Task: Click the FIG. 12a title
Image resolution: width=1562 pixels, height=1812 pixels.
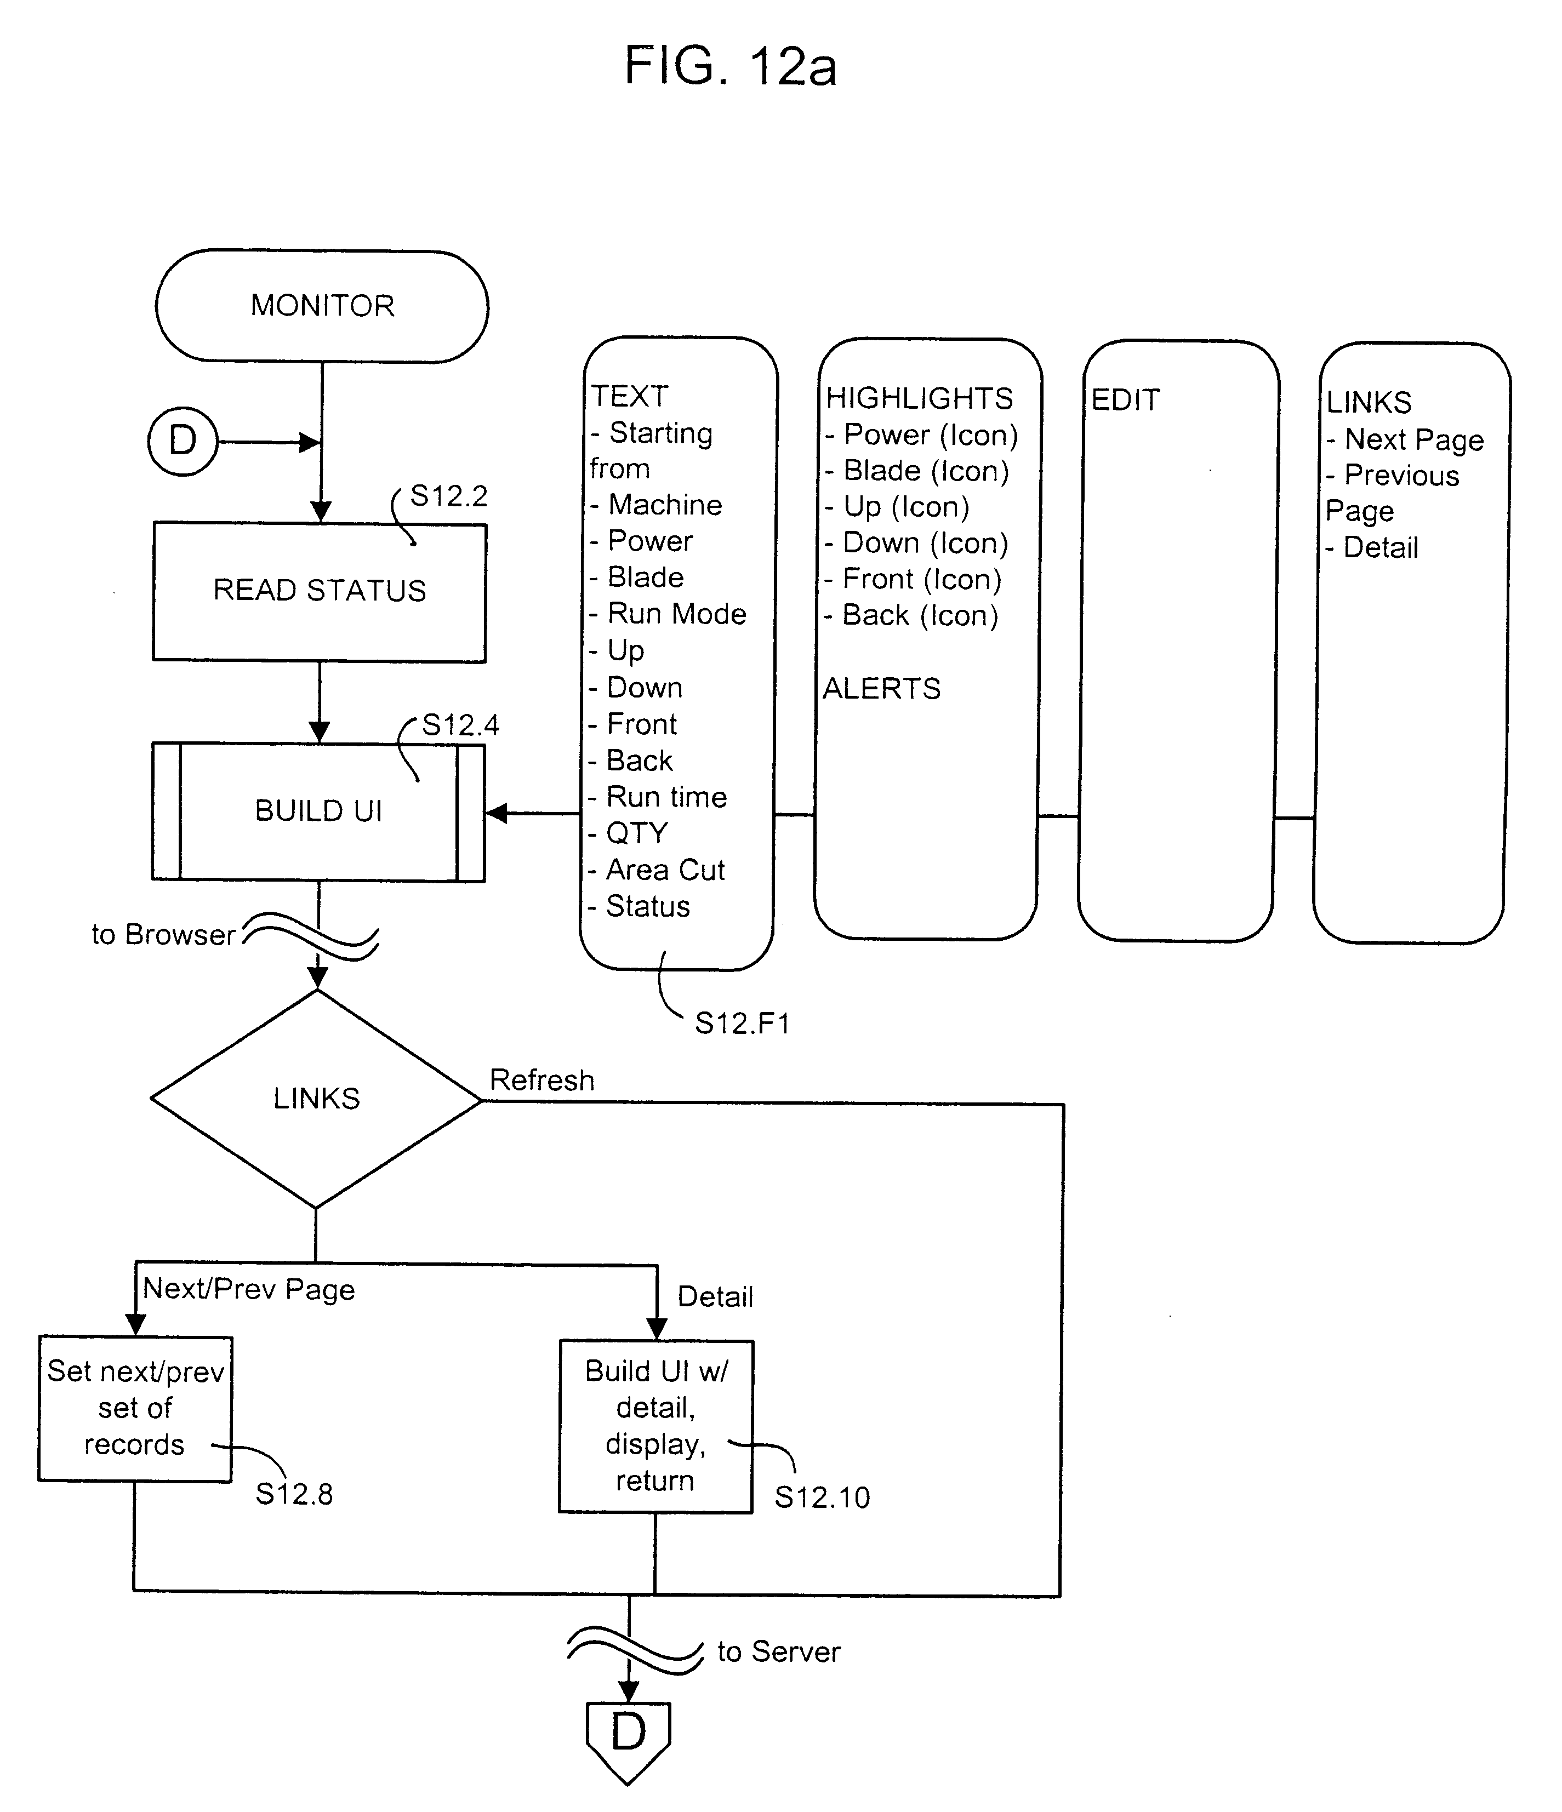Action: [730, 66]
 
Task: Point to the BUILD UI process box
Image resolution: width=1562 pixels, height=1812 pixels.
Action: [318, 811]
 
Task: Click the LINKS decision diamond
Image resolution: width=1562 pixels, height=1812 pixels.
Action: [317, 1099]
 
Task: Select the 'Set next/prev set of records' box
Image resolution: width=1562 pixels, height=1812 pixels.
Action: [135, 1408]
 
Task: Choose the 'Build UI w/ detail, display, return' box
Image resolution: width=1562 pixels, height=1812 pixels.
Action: [656, 1426]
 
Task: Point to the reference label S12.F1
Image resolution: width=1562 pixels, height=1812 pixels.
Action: [742, 1023]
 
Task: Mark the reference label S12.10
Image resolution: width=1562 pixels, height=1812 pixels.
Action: [822, 1498]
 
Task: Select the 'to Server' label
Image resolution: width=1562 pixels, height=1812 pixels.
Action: [778, 1652]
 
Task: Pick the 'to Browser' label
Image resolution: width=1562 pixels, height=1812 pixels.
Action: [163, 935]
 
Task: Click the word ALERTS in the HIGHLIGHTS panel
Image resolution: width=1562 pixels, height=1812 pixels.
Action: [882, 689]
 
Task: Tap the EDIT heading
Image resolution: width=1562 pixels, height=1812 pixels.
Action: [1126, 401]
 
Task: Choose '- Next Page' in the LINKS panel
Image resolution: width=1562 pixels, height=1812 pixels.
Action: [1405, 440]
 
